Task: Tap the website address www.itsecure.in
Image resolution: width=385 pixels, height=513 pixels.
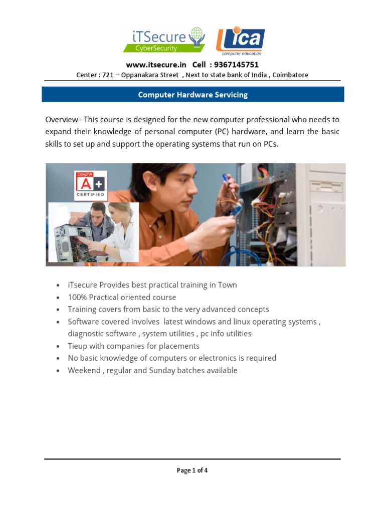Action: coord(156,65)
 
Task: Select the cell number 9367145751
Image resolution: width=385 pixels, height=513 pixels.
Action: coord(236,65)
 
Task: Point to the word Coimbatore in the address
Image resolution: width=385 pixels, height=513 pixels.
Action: coord(290,75)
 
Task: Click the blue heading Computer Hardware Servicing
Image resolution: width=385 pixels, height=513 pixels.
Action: coord(192,95)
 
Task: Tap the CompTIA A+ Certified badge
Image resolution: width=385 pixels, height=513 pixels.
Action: coord(91,185)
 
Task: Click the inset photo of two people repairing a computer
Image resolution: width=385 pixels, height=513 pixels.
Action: coord(93,232)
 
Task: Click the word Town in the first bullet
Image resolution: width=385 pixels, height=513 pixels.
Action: coord(227,285)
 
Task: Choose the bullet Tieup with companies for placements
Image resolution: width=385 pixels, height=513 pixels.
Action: coord(133,346)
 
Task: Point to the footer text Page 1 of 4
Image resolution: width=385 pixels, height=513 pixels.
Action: coord(192,470)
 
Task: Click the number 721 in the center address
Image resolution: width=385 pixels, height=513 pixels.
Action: coord(108,75)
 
